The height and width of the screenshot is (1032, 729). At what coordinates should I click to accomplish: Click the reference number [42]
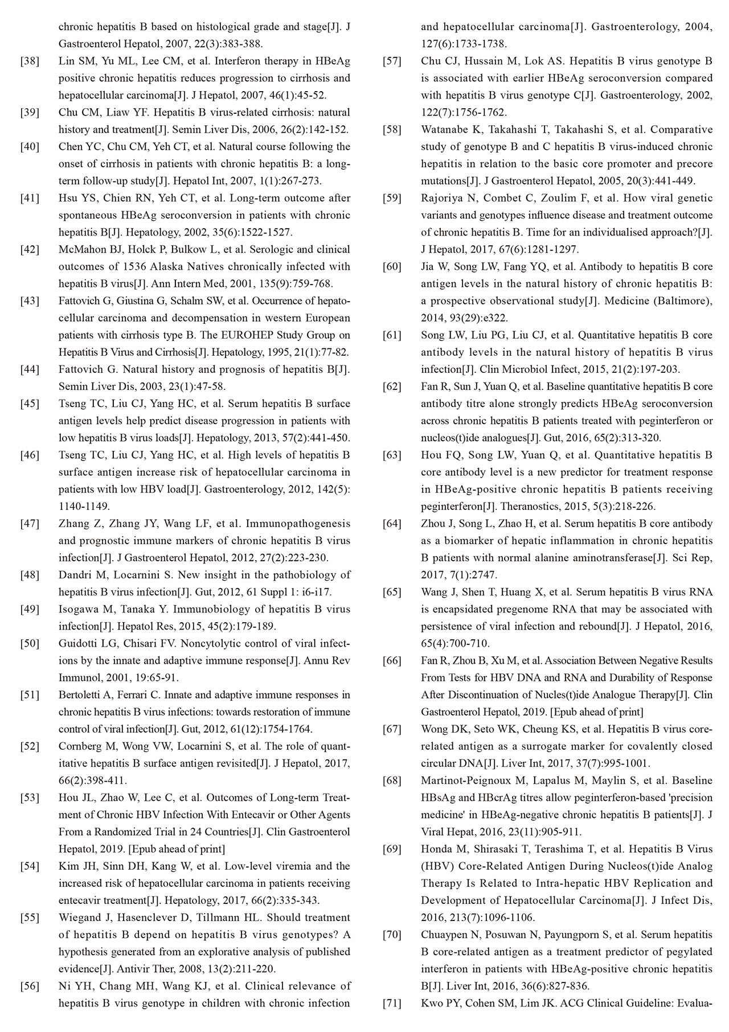(x=30, y=249)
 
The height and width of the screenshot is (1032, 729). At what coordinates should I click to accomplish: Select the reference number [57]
(x=392, y=61)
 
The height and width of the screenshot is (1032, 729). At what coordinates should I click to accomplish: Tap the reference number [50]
(x=30, y=644)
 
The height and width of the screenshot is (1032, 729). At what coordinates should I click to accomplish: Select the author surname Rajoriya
(x=441, y=198)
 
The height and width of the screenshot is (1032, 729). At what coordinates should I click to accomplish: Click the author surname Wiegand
(x=79, y=918)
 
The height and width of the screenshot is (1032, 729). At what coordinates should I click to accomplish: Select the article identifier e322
(x=496, y=318)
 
